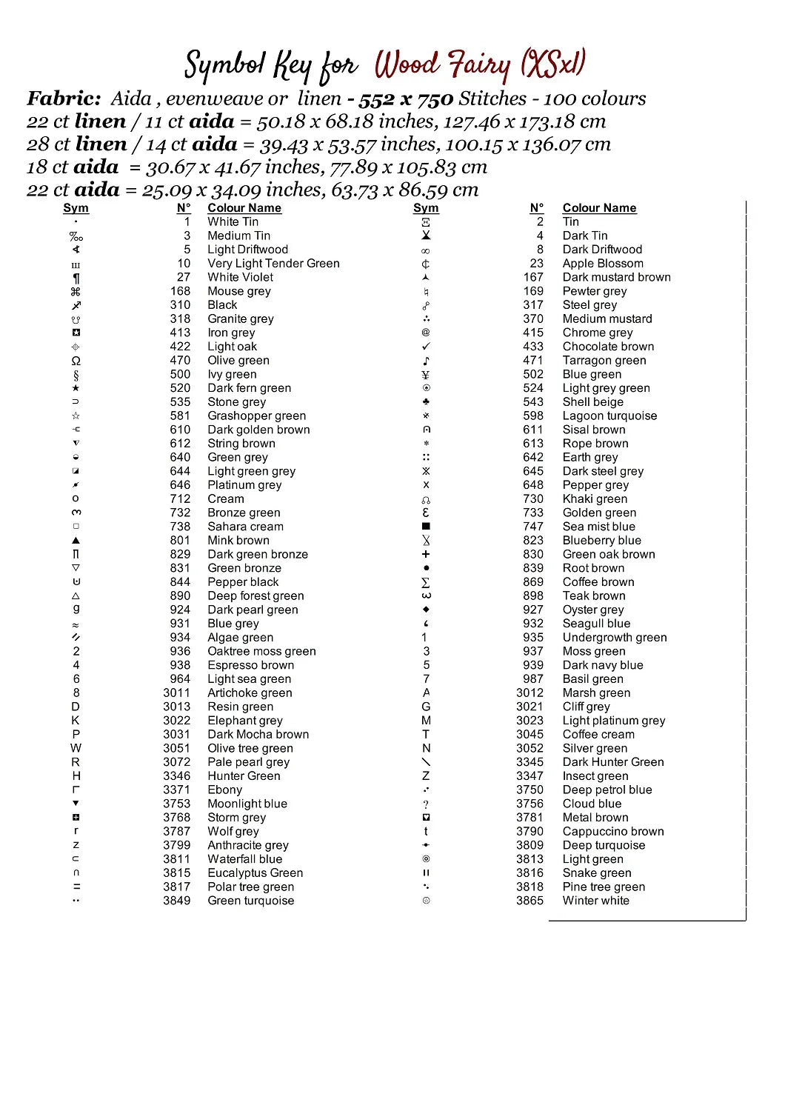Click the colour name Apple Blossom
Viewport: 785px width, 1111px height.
(603, 264)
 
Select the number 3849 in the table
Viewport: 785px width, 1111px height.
(176, 901)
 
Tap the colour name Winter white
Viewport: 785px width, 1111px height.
(595, 901)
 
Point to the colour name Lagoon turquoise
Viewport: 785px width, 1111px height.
(609, 416)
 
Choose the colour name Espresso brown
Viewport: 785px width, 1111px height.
(250, 665)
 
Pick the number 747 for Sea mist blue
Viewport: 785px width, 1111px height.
(533, 527)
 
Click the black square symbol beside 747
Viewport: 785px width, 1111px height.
(426, 527)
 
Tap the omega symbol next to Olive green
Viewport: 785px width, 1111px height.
(76, 361)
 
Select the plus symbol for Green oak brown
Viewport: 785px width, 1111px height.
(426, 554)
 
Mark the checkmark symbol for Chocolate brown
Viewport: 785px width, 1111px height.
(426, 347)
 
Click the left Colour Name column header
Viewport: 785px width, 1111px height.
(244, 208)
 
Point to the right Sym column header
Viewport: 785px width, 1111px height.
(426, 208)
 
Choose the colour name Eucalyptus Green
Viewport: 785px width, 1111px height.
(255, 873)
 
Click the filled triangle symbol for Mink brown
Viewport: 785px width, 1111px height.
(76, 541)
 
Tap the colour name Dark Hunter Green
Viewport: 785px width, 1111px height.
(613, 762)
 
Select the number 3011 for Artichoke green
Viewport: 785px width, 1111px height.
(176, 693)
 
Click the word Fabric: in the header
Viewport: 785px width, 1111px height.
(64, 99)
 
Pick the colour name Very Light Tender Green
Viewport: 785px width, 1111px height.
(273, 264)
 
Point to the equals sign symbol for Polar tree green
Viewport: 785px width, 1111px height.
(76, 887)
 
